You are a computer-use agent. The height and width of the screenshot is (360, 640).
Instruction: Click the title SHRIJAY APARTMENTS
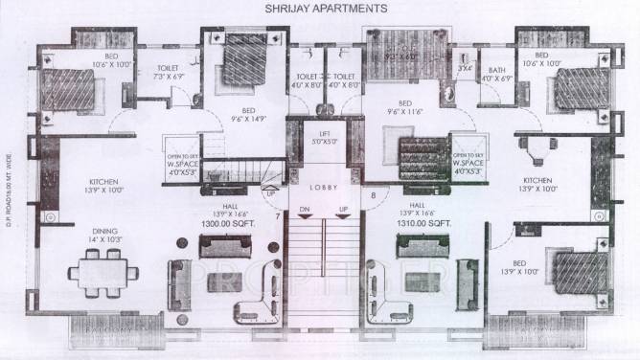pyautogui.click(x=320, y=8)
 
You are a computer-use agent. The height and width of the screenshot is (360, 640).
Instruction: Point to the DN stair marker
pyautogui.click(x=304, y=209)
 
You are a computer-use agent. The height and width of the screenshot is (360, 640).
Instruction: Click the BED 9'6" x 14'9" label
pyautogui.click(x=248, y=115)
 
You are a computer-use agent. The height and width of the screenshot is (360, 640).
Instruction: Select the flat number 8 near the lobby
pyautogui.click(x=373, y=196)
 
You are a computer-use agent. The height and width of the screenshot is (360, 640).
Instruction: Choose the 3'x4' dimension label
pyautogui.click(x=465, y=68)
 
